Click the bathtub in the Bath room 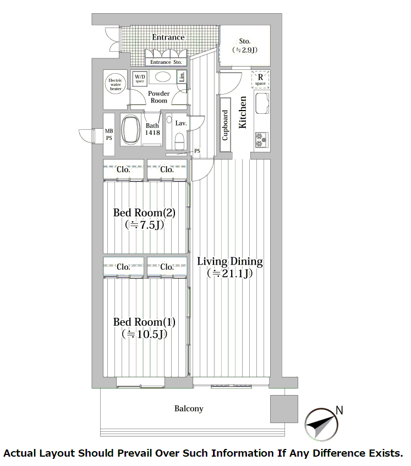(x=131, y=130)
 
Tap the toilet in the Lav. (x=179, y=141)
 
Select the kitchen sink (x=262, y=103)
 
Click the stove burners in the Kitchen (x=261, y=140)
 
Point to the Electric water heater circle (x=116, y=84)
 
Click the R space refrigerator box (x=260, y=80)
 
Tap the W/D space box (x=140, y=79)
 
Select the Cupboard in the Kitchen (x=226, y=124)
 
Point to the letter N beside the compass (x=339, y=410)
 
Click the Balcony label (x=189, y=409)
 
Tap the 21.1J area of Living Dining (x=230, y=273)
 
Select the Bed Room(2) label (x=144, y=213)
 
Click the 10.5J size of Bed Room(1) (x=144, y=335)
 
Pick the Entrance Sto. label (x=166, y=62)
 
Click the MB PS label (x=109, y=134)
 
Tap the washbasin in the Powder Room (x=163, y=77)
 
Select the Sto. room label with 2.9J (x=245, y=46)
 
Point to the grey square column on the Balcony (x=284, y=409)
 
